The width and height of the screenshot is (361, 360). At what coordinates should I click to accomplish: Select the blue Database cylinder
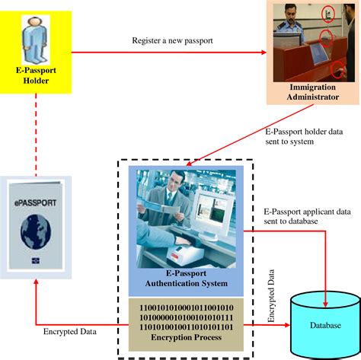(x=325, y=324)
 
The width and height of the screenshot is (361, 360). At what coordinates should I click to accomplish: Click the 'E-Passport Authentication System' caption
(x=186, y=279)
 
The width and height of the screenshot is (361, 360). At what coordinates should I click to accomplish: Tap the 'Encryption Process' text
(x=186, y=336)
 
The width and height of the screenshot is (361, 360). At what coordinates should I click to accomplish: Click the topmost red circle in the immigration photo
(x=327, y=12)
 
